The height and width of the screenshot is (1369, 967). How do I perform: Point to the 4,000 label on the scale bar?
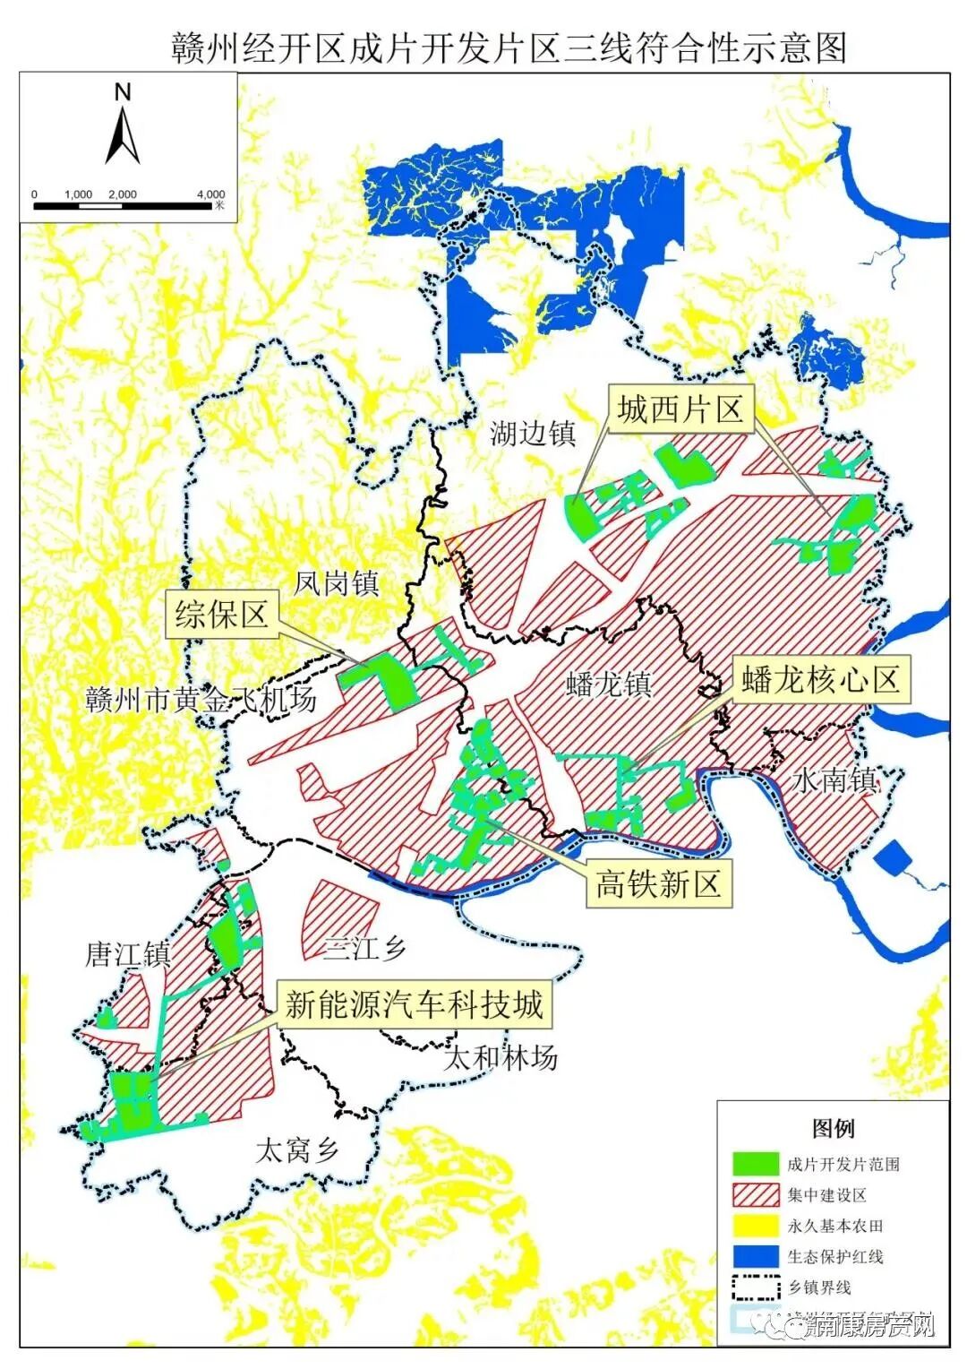point(210,194)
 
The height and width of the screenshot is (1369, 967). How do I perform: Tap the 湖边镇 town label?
point(532,434)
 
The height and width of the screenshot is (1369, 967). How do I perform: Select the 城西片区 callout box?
point(680,410)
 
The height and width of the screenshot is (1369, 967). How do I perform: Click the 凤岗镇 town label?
point(337,584)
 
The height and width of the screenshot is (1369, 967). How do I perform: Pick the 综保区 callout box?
point(221,615)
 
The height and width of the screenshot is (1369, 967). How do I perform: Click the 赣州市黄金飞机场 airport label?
point(201,700)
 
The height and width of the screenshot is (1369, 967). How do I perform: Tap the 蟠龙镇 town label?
point(609,684)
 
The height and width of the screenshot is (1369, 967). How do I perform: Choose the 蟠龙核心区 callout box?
point(820,680)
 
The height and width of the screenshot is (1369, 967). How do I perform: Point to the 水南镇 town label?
point(834,780)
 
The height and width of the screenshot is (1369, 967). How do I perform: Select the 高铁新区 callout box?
point(658,884)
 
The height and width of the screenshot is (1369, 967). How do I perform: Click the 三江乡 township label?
point(364,948)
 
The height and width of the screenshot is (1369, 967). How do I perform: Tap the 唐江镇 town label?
point(127,954)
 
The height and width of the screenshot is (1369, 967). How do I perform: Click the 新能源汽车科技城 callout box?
point(414,1004)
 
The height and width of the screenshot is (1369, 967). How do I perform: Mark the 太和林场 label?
point(501,1058)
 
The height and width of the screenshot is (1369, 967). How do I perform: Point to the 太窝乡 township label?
point(296,1149)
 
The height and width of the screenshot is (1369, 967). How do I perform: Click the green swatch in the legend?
point(755,1163)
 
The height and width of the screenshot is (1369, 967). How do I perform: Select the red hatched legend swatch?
point(755,1194)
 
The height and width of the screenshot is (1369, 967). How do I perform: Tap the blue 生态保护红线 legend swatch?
point(755,1256)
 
